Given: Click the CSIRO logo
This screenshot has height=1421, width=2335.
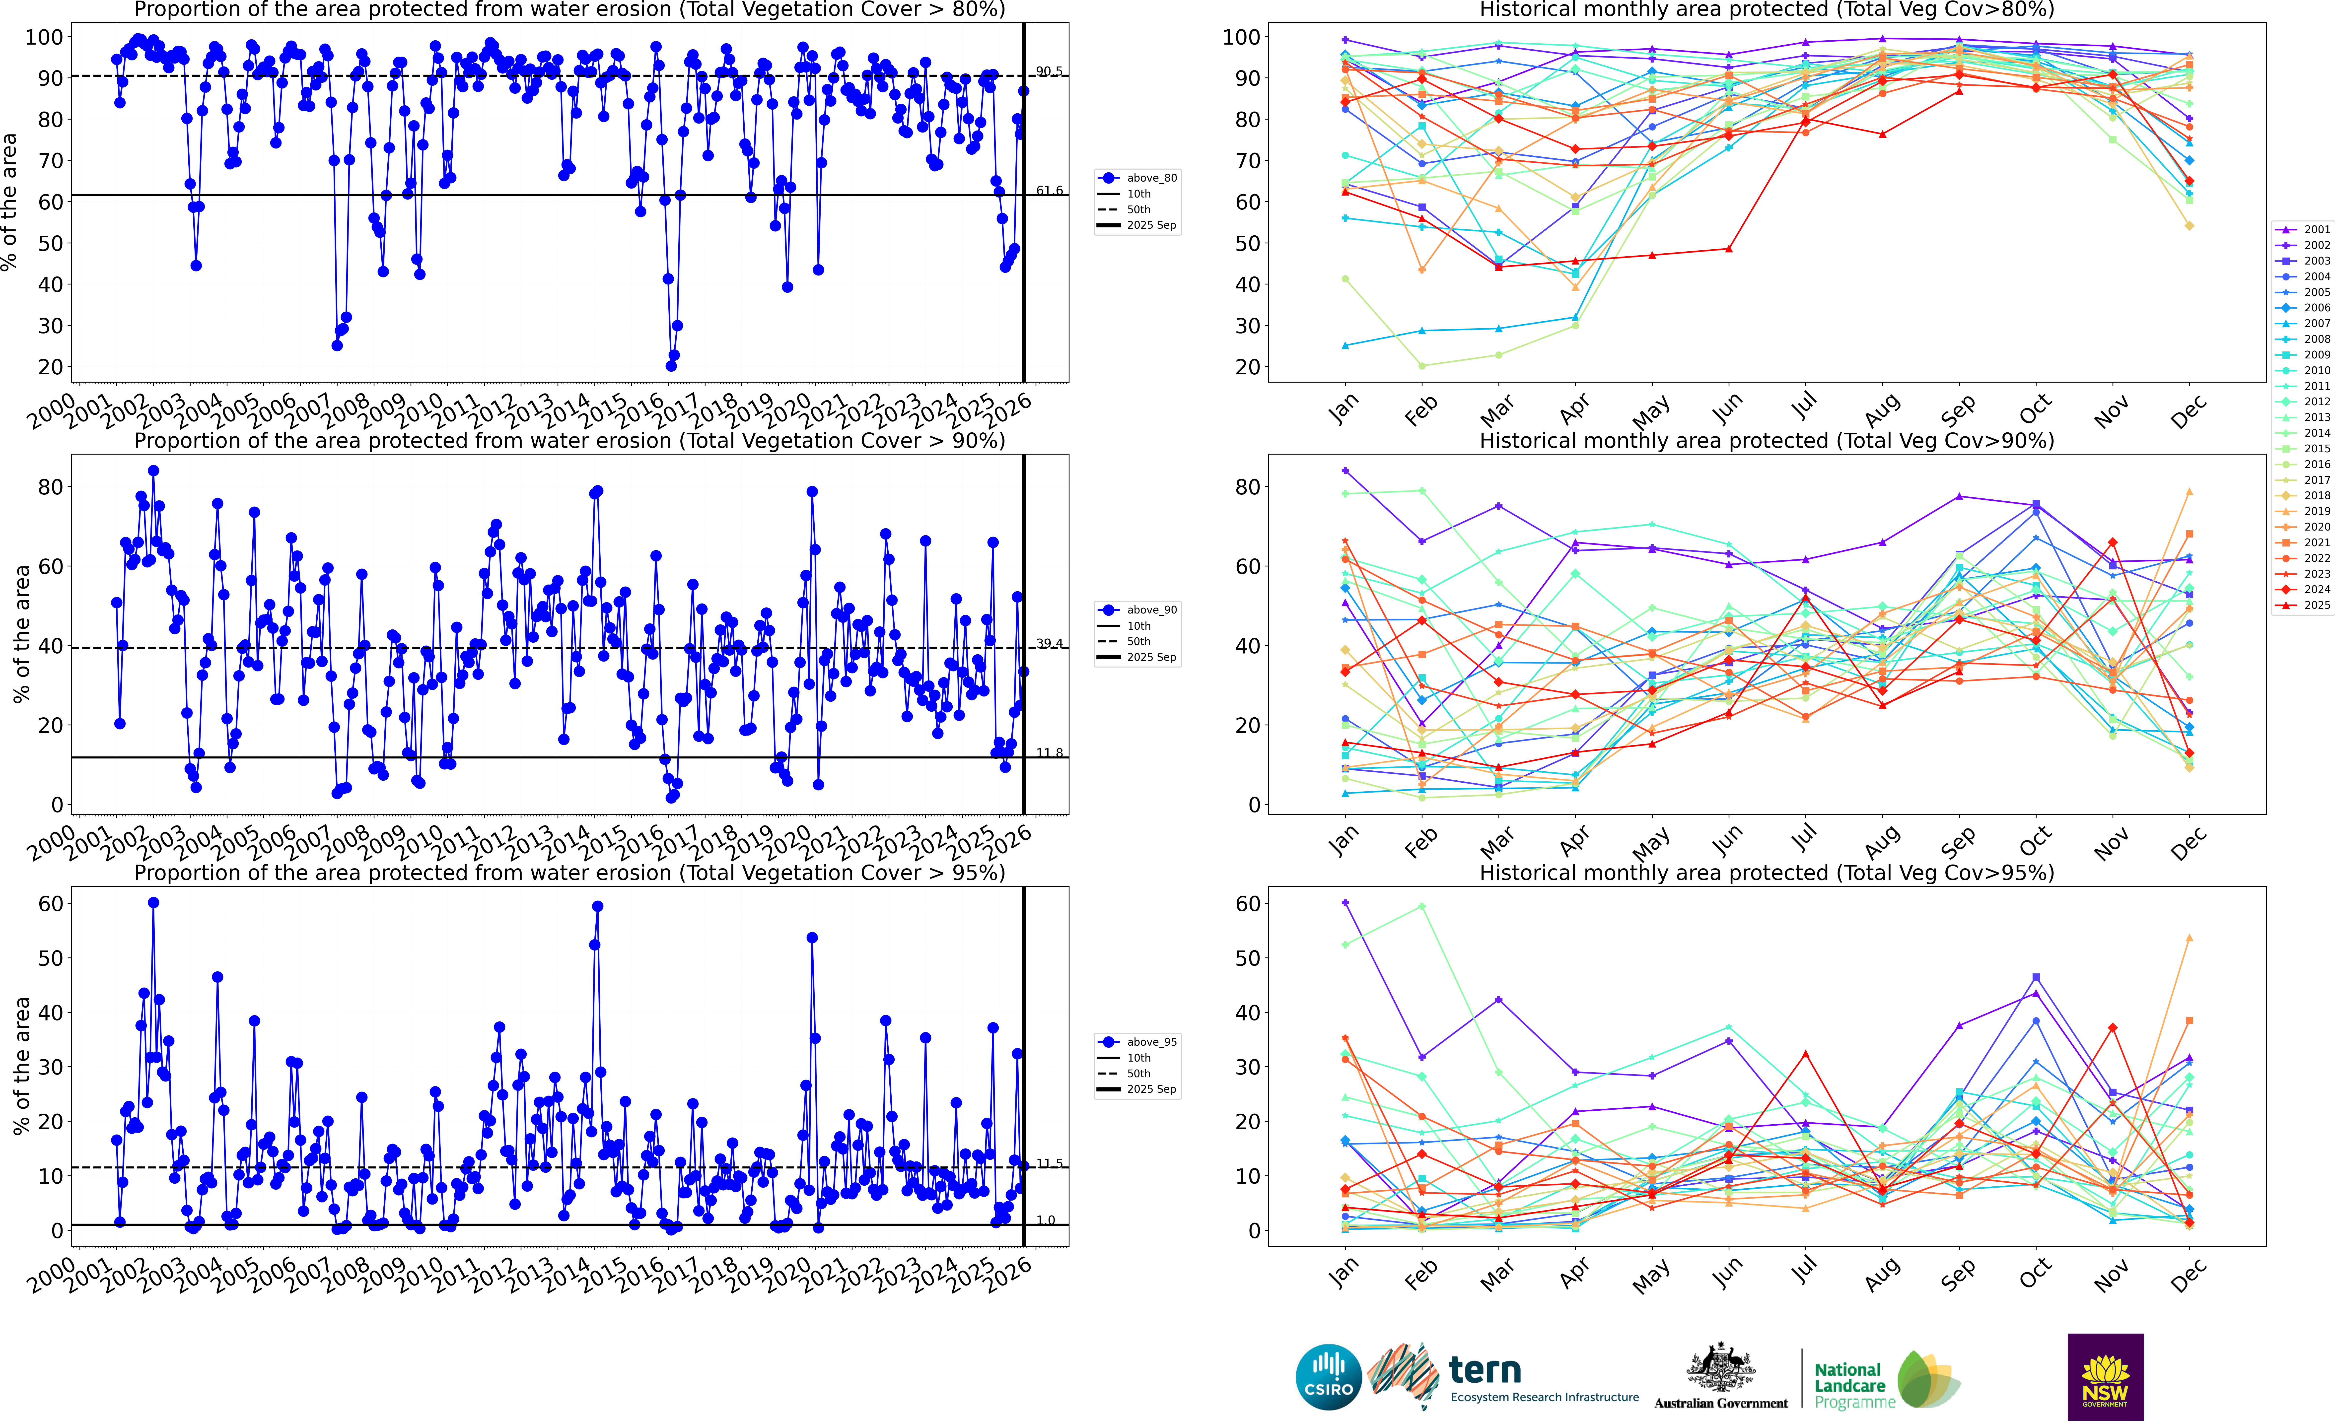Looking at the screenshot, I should (x=1329, y=1376).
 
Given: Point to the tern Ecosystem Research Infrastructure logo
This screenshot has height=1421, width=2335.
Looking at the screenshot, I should (x=1507, y=1376).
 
